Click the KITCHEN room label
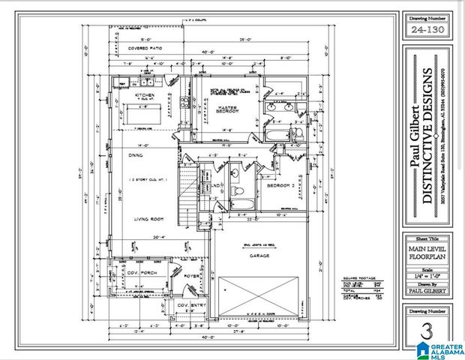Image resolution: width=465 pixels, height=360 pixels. pyautogui.click(x=143, y=96)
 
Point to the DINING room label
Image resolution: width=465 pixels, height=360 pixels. pyautogui.click(x=135, y=156)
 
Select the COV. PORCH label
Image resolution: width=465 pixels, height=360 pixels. pyautogui.click(x=139, y=273)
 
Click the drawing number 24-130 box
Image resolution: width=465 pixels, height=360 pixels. pyautogui.click(x=425, y=30)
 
